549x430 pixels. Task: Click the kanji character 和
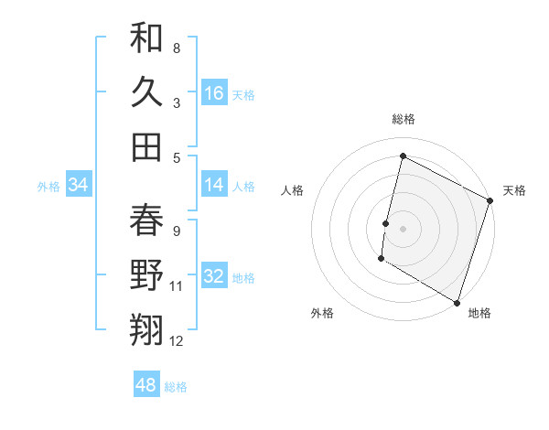[146, 38]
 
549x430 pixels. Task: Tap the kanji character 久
[146, 92]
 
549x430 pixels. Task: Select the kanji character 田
[146, 146]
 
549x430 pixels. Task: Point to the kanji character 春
[146, 220]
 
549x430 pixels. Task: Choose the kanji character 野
[146, 275]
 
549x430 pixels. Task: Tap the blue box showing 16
[214, 92]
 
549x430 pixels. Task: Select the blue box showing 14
[214, 185]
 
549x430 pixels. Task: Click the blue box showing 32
[214, 276]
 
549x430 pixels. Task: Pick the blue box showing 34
[79, 185]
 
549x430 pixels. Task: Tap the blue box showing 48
[146, 385]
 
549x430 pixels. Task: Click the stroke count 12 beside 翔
[177, 341]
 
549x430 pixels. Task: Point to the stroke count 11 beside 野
[177, 286]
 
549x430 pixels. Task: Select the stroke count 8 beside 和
[177, 48]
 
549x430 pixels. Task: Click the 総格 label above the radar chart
[404, 119]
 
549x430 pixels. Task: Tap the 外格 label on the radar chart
[322, 313]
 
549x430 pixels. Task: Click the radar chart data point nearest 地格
[457, 302]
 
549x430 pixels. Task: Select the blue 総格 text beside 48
[176, 386]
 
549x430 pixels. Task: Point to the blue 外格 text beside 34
[48, 186]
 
